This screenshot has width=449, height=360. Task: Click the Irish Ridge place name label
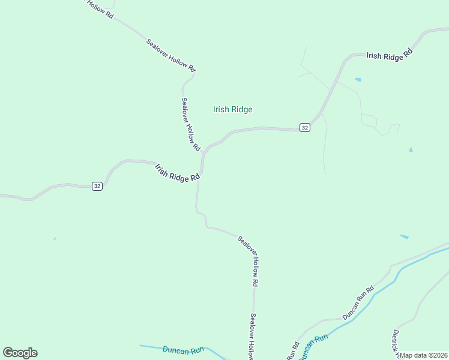click(233, 109)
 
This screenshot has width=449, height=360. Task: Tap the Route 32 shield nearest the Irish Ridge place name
click(305, 128)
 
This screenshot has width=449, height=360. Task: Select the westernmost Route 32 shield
click(97, 187)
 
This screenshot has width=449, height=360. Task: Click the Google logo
click(20, 353)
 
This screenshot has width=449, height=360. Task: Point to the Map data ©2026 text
click(423, 355)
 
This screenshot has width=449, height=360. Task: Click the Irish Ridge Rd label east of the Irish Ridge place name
click(390, 54)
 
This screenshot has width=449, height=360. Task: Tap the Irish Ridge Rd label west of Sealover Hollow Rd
click(176, 173)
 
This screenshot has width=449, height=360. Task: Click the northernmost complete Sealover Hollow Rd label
click(171, 55)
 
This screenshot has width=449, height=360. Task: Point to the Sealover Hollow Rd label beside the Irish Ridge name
click(190, 124)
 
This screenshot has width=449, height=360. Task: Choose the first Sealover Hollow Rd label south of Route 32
click(248, 260)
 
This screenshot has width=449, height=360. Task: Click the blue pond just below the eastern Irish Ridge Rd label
click(358, 80)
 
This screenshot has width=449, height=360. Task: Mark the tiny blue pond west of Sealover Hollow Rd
click(55, 239)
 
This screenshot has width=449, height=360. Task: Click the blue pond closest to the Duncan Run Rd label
click(404, 237)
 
